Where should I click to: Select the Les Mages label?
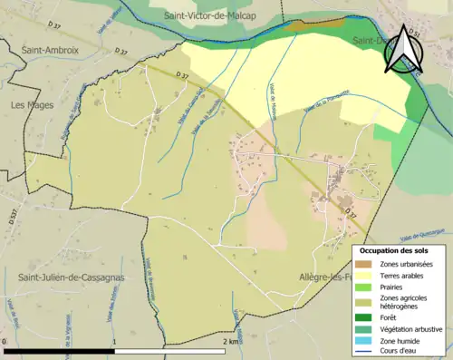pos(31,105)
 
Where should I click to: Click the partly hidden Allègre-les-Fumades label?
pos(324,277)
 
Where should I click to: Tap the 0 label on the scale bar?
pos(5,342)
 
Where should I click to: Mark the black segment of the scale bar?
pos(60,350)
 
